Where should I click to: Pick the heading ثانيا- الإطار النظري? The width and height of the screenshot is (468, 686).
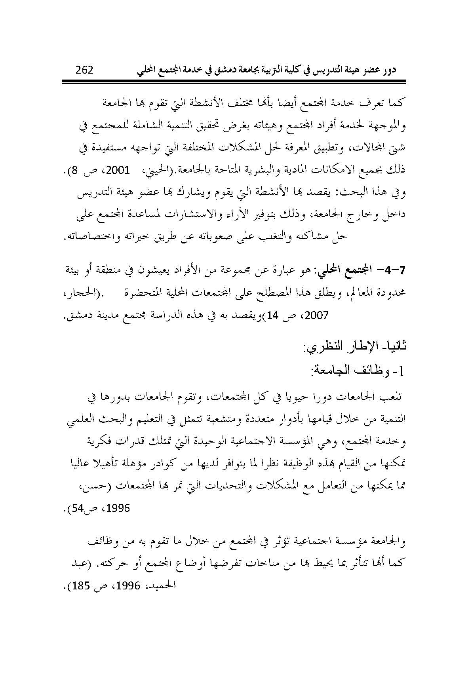coord(354,347)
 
